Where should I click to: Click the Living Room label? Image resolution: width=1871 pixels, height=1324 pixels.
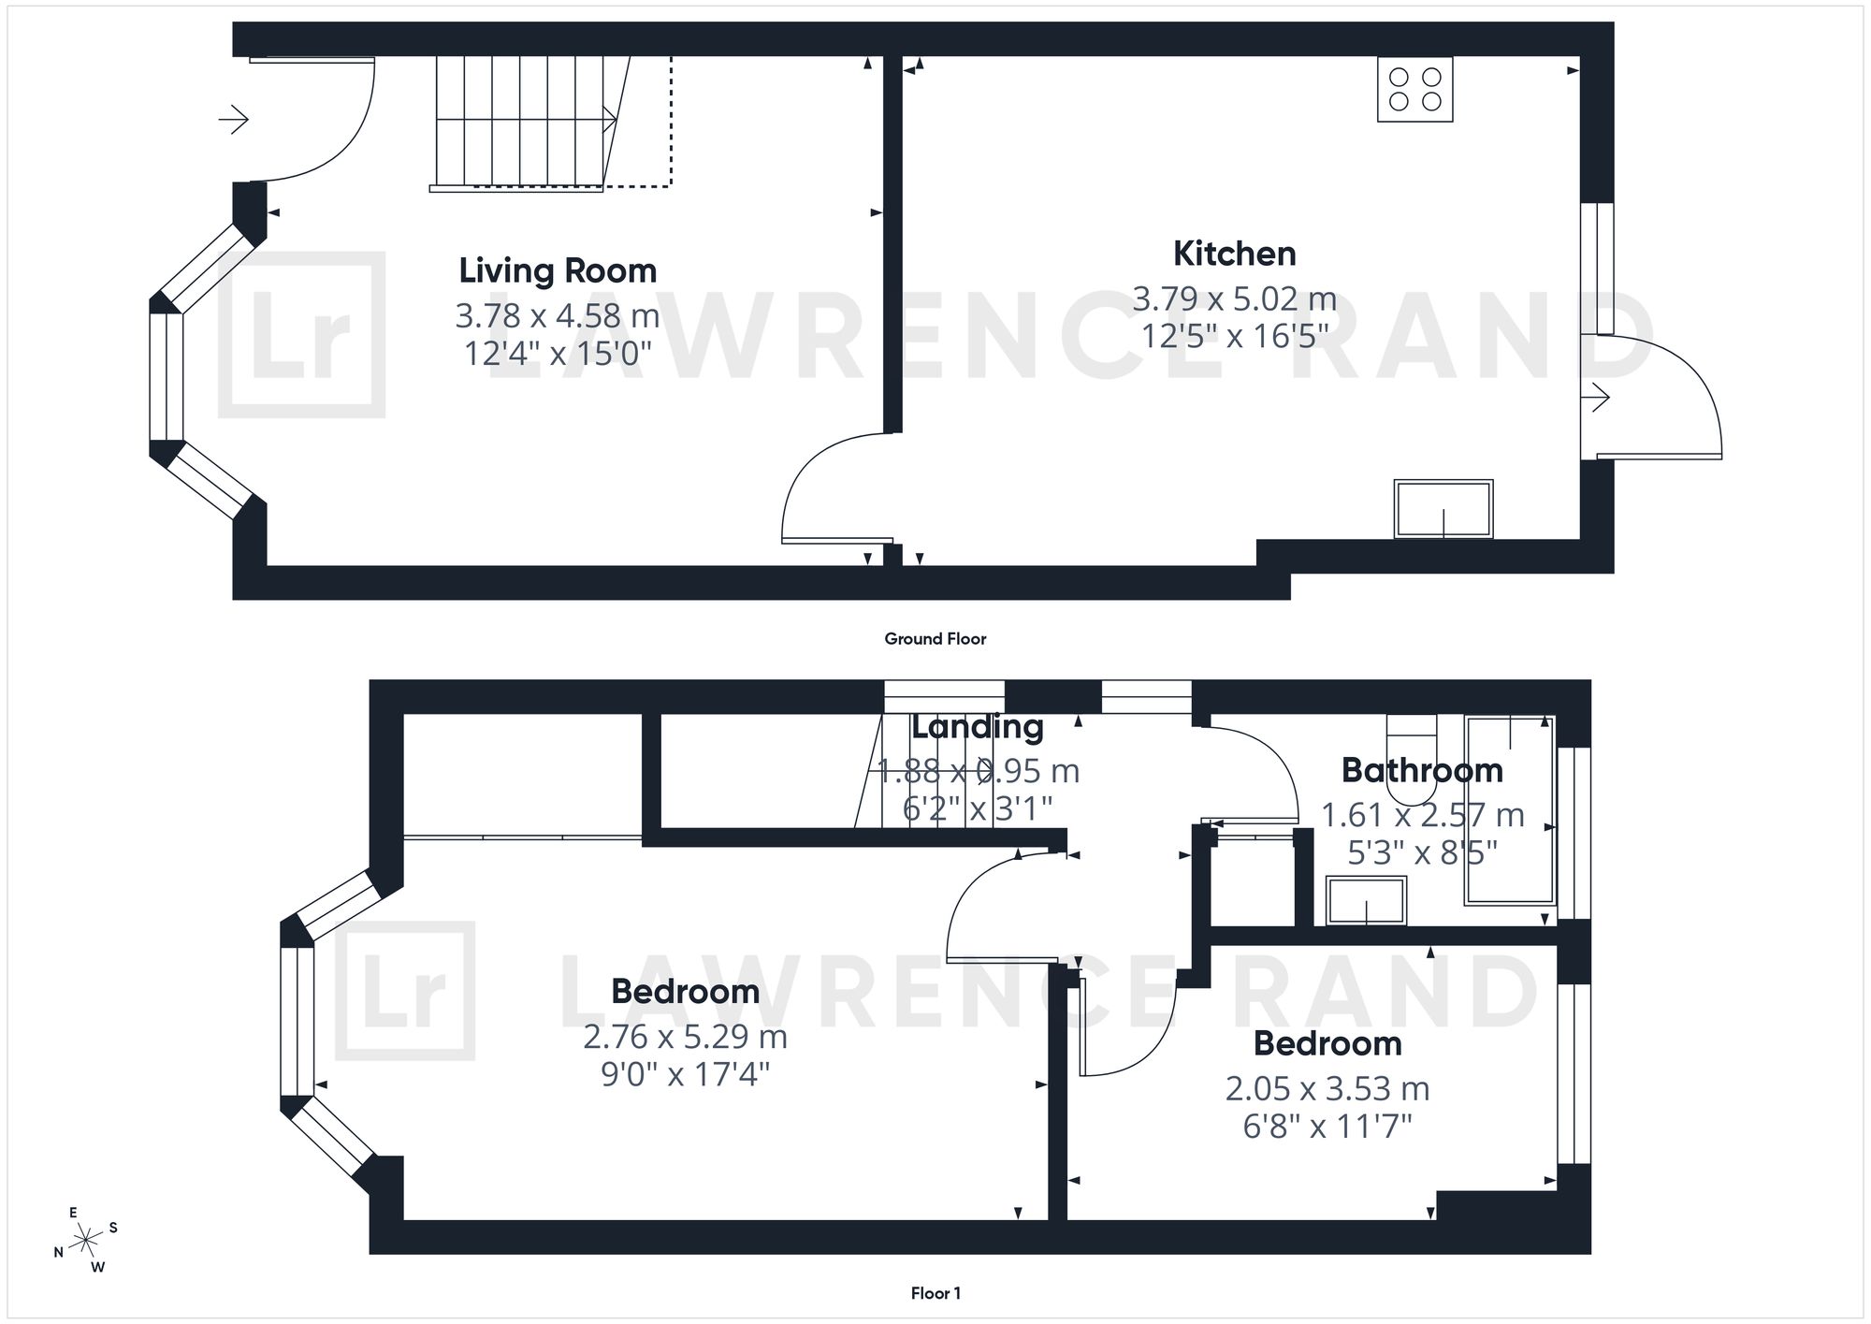point(558,271)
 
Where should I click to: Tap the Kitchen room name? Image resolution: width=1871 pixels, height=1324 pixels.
point(1235,254)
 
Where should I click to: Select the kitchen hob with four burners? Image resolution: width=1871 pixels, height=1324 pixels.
point(1414,90)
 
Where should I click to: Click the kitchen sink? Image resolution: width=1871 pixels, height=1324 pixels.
point(1443,509)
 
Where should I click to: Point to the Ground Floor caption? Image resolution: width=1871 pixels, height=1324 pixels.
point(935,639)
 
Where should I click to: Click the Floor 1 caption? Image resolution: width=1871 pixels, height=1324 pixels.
point(935,1294)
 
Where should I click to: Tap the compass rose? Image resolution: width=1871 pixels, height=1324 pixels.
point(86,1241)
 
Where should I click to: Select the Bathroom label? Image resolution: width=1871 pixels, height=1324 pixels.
point(1422,770)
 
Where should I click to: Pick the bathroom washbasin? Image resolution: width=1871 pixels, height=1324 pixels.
point(1367,901)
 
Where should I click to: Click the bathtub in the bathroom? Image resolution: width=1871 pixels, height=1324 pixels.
point(1510,810)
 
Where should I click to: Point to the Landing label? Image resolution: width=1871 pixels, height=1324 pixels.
point(978,727)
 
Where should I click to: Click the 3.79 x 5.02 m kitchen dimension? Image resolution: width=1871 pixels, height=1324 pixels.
point(1235,299)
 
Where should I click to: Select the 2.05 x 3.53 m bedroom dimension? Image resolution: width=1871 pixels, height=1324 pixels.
point(1327,1089)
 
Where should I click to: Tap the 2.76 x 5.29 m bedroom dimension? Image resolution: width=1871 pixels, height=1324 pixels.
point(685,1037)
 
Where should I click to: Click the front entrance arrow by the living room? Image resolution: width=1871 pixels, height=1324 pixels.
point(234,120)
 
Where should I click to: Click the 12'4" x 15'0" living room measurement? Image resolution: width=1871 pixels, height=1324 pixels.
point(558,354)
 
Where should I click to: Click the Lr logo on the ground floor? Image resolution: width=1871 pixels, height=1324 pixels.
point(301,334)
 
